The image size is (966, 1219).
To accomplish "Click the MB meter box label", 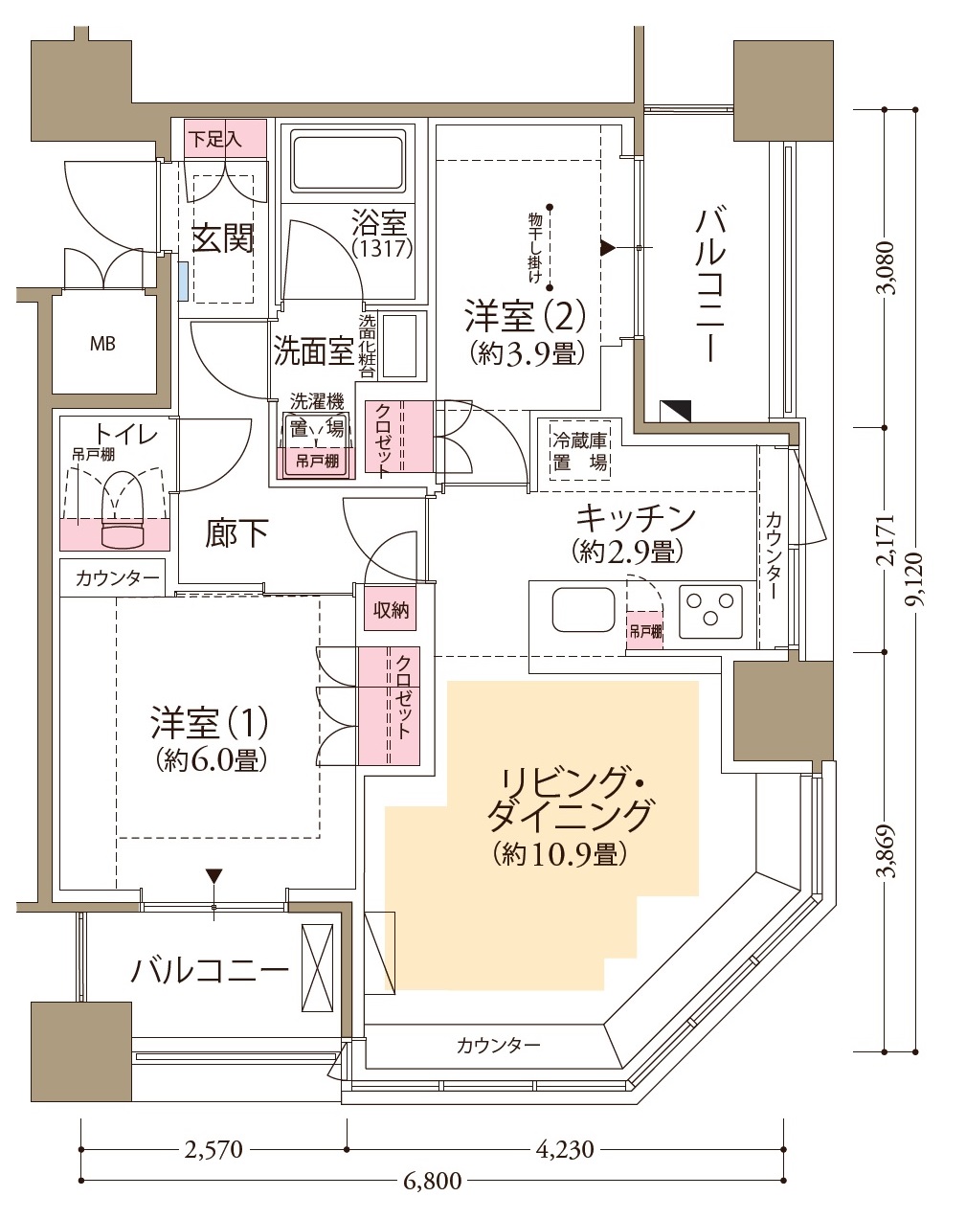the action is (102, 343).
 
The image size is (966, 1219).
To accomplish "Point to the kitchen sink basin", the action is (584, 609).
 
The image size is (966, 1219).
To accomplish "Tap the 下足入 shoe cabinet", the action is (226, 139).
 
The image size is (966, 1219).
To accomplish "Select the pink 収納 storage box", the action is (391, 609).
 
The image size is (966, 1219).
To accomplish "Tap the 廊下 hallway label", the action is (236, 534).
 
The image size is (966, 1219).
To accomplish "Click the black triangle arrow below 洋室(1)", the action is (213, 876).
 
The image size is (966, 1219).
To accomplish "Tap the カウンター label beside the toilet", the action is (117, 578).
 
